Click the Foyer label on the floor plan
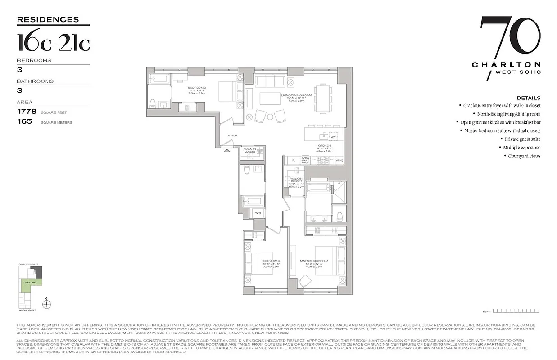pos(232,135)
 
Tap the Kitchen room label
pos(324,146)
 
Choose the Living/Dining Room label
pos(296,95)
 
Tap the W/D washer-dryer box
pos(258,213)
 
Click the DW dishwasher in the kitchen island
pos(333,136)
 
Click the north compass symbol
pos(47,304)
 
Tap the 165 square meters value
pos(24,121)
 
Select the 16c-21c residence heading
pos(53,43)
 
